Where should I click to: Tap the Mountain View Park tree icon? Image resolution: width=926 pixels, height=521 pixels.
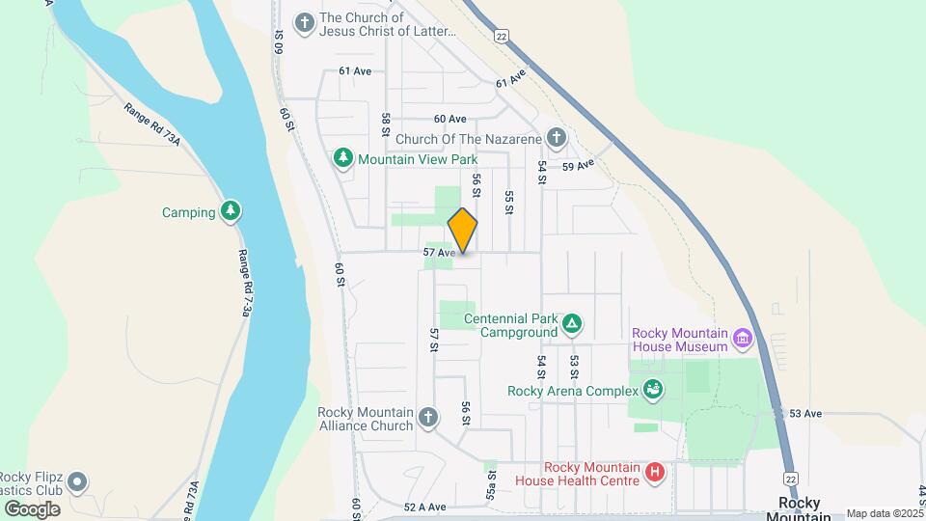click(342, 157)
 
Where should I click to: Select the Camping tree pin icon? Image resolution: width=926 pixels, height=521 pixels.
click(230, 211)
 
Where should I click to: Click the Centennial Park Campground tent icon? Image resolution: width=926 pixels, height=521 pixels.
click(571, 324)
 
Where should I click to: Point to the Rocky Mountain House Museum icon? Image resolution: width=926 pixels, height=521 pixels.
click(742, 339)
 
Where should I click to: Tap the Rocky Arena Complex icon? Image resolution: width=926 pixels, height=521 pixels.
click(653, 390)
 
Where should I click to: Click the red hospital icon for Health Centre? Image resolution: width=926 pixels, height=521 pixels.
click(655, 473)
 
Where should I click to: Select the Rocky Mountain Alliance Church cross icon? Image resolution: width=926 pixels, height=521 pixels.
click(428, 418)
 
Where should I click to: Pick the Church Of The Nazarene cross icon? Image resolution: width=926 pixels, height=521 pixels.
click(556, 138)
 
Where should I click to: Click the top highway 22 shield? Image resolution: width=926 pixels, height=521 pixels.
click(502, 35)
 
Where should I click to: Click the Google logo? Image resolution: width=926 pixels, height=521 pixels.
click(32, 509)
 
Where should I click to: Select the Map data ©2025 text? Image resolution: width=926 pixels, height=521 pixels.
click(885, 514)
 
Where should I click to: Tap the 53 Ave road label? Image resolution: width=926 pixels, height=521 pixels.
click(804, 413)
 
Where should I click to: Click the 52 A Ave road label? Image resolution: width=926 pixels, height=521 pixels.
click(424, 507)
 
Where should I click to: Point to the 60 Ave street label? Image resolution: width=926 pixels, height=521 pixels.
click(449, 119)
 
